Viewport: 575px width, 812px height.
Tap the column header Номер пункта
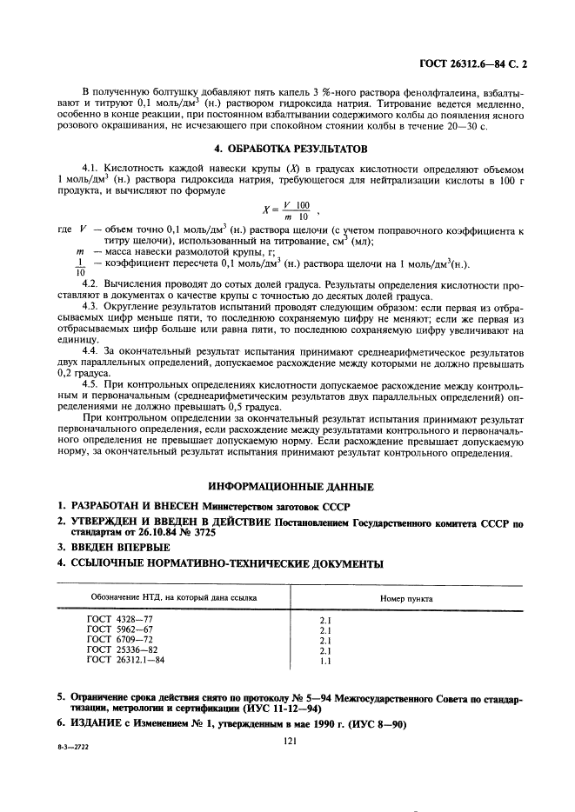[x=407, y=599]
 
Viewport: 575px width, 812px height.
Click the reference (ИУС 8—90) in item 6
[x=369, y=724]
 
